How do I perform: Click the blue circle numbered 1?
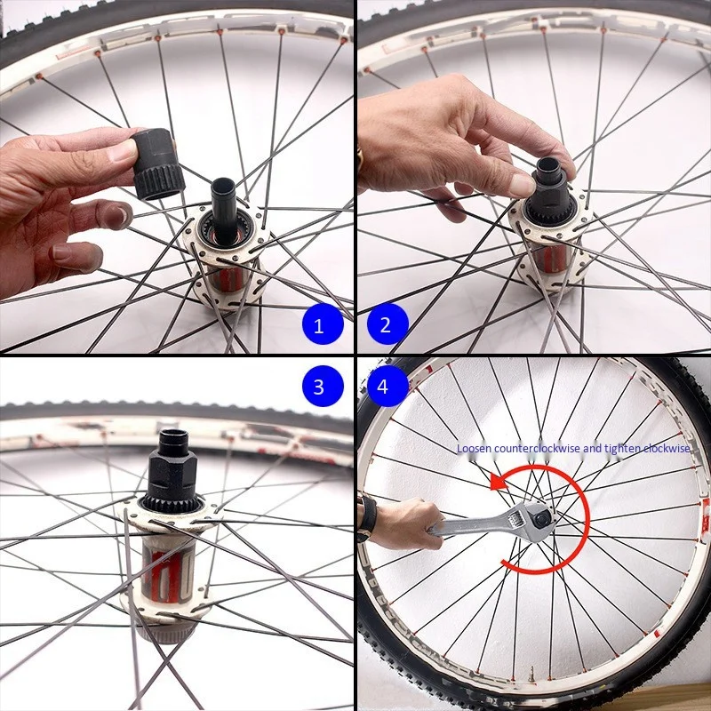[323, 324]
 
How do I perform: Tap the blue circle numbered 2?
[387, 324]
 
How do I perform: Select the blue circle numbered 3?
[323, 386]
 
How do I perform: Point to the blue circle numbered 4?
[387, 386]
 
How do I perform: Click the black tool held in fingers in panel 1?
[158, 164]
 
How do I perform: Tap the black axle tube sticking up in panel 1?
[224, 210]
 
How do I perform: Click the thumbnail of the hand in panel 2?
[522, 185]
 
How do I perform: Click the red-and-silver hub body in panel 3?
[169, 572]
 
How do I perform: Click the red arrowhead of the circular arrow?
[499, 481]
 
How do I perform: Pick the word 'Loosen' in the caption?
[474, 449]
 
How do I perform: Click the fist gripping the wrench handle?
[405, 523]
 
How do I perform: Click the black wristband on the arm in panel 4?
[366, 518]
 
